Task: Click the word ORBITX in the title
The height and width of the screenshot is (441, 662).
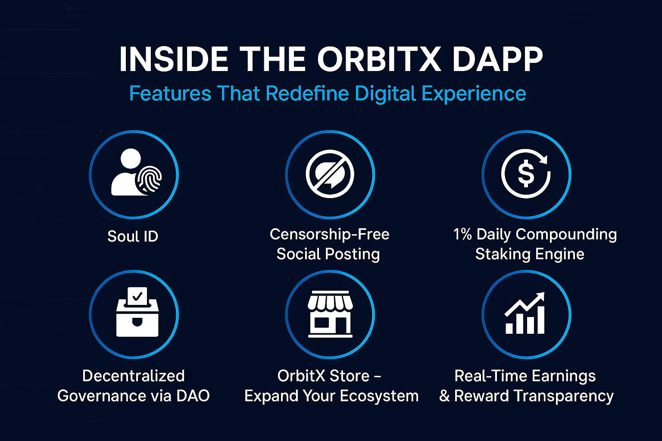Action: pyautogui.click(x=379, y=59)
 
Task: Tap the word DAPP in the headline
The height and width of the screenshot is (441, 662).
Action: pyautogui.click(x=497, y=59)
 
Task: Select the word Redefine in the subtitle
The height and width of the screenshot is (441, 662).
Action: pyautogui.click(x=307, y=93)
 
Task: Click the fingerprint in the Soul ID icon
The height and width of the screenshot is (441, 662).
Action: pyautogui.click(x=149, y=179)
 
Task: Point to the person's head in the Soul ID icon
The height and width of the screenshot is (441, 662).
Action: pyautogui.click(x=131, y=158)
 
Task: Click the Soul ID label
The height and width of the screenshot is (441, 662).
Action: pyautogui.click(x=133, y=236)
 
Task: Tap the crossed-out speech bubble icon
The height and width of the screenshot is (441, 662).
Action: pyautogui.click(x=330, y=174)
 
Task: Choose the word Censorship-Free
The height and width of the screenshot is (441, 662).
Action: pyautogui.click(x=330, y=234)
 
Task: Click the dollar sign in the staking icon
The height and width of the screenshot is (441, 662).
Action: pyautogui.click(x=526, y=175)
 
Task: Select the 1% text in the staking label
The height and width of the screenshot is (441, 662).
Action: pyautogui.click(x=462, y=234)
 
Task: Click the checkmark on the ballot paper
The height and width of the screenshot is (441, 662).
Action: pyautogui.click(x=137, y=296)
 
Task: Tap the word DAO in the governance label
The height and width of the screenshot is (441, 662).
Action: pyautogui.click(x=193, y=395)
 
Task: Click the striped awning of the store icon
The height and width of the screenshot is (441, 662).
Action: pyautogui.click(x=330, y=302)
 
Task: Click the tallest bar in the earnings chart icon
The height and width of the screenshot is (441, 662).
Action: pyautogui.click(x=540, y=320)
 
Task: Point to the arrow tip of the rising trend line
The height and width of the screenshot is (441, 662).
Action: pyautogui.click(x=544, y=293)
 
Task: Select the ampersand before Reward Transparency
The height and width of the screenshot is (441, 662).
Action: pyautogui.click(x=444, y=396)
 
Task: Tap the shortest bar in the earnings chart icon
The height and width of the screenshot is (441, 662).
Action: pyautogui.click(x=509, y=329)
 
